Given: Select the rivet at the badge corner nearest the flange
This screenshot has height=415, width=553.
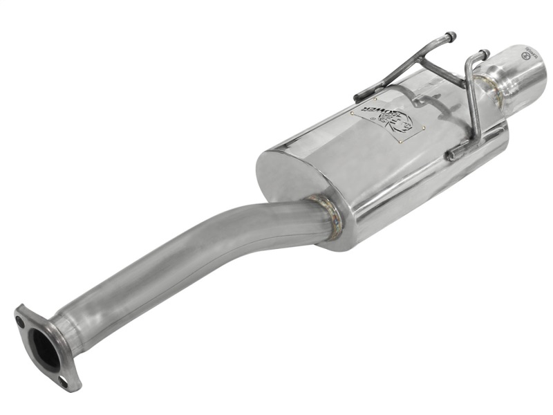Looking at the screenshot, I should (x=352, y=112).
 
